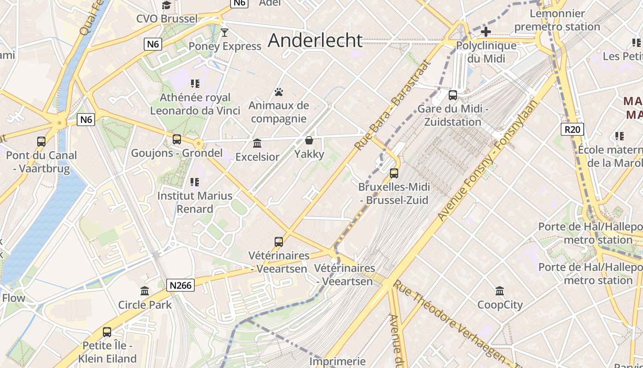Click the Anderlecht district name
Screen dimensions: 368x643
315,40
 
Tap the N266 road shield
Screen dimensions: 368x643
180,285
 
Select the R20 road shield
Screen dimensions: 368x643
572,129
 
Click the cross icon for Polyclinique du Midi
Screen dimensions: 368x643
486,32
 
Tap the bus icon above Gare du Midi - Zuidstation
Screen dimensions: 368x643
453,95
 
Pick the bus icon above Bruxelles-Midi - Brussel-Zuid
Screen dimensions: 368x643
394,173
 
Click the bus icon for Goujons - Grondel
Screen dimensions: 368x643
177,139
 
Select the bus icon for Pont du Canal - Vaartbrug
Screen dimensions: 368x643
41,142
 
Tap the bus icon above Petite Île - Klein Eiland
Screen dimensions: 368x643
107,332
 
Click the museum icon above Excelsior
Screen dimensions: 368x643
257,143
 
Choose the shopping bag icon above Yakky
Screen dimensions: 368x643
309,140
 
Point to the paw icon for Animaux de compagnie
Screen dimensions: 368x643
279,92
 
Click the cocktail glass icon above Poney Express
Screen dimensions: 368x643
225,32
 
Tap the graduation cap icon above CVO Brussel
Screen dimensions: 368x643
167,6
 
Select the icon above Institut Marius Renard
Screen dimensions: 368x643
195,182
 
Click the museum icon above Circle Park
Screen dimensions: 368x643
145,291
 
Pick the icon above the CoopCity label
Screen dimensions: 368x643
500,291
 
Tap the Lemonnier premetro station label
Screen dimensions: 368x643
557,20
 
